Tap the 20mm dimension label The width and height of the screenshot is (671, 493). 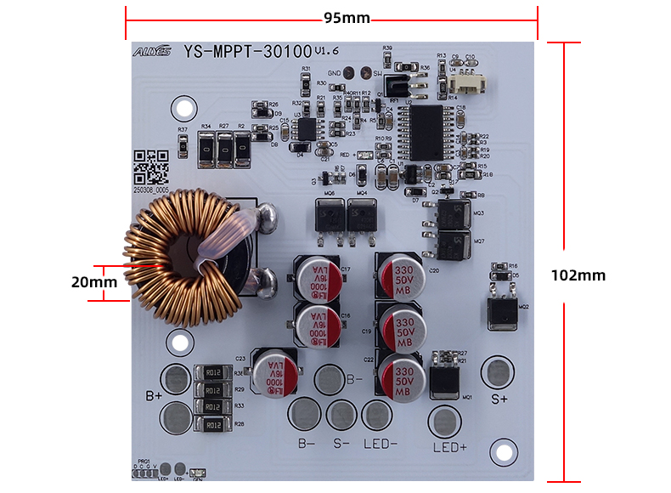(x=93, y=281)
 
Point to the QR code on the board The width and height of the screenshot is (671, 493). (x=151, y=167)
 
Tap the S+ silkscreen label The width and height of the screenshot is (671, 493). (x=499, y=397)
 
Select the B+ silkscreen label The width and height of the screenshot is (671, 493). (x=154, y=395)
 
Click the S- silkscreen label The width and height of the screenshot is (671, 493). (x=341, y=443)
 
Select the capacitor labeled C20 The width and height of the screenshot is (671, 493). (x=401, y=274)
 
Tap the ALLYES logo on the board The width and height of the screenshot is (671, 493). (x=151, y=52)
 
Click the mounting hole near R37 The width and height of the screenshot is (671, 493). (x=182, y=108)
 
